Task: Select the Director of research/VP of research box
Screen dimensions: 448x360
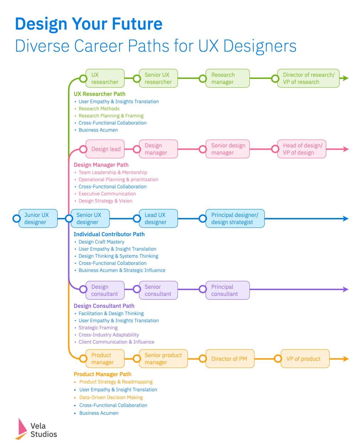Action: [308, 78]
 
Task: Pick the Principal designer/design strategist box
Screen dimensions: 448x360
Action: [235, 218]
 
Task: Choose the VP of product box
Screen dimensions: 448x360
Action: [305, 359]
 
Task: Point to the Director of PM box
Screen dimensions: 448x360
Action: [230, 359]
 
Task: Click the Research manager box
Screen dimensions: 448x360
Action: [228, 78]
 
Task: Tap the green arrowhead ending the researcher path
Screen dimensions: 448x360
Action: [345, 78]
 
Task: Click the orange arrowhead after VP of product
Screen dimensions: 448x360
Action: [345, 359]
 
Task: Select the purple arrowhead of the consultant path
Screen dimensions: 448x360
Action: [345, 289]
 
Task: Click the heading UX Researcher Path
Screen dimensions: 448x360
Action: [99, 94]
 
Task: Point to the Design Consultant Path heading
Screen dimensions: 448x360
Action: [104, 306]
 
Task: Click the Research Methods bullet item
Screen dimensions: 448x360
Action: [99, 108]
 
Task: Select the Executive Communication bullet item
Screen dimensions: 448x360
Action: [107, 194]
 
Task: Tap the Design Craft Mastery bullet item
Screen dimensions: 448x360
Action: [101, 242]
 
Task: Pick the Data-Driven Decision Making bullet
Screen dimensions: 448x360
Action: [111, 398]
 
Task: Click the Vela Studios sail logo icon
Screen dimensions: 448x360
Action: [21, 429]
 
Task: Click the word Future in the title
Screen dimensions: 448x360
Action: [137, 24]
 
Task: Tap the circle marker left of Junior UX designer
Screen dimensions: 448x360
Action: [16, 218]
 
